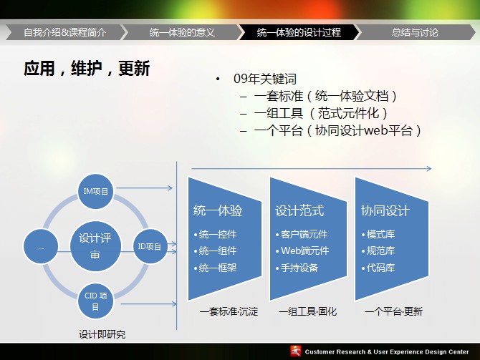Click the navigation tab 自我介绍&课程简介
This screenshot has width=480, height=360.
coord(65,32)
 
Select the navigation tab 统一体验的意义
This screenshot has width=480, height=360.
coord(182,32)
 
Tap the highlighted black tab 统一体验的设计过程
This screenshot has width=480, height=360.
coord(299,32)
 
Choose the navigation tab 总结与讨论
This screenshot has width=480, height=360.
coord(415,32)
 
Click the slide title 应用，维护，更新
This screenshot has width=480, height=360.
coord(87,68)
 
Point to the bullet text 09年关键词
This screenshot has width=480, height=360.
coord(265,79)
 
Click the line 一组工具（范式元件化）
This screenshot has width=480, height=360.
coord(321,113)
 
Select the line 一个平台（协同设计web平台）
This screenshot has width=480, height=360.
coord(337,130)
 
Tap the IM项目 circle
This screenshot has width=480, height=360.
coord(96,192)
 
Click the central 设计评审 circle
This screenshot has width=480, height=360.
coord(95,246)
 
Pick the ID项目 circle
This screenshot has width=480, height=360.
coord(150,246)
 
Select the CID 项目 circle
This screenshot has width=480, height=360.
coord(95,301)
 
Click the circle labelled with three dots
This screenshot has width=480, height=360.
coord(41,246)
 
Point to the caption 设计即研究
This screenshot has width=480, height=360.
coord(102,334)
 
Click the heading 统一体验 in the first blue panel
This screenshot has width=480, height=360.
coord(218,210)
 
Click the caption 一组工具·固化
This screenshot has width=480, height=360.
coord(307,311)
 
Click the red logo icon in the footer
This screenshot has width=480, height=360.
coord(296,351)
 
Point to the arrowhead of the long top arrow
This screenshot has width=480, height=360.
coord(429,168)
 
